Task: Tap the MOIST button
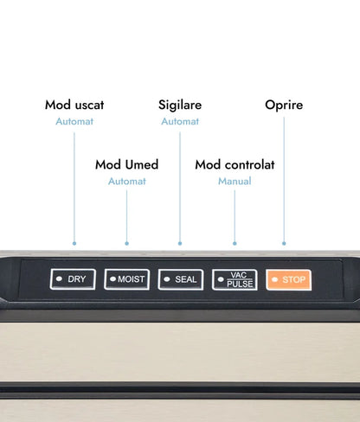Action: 127,279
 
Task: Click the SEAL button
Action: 181,279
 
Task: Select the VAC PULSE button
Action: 235,279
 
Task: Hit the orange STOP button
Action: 289,279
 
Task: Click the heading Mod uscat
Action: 74,105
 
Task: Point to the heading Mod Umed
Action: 127,164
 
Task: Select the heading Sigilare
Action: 180,105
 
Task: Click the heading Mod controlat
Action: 235,164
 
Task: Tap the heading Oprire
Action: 284,105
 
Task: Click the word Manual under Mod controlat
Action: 235,182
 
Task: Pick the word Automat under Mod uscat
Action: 74,121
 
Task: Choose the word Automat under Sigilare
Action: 180,121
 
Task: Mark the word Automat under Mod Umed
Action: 127,182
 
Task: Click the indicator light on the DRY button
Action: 59,278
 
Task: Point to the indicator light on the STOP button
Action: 275,279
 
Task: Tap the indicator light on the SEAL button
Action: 167,279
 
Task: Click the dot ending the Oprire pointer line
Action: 284,244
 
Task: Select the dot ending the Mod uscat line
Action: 74,244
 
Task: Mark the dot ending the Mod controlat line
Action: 235,244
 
